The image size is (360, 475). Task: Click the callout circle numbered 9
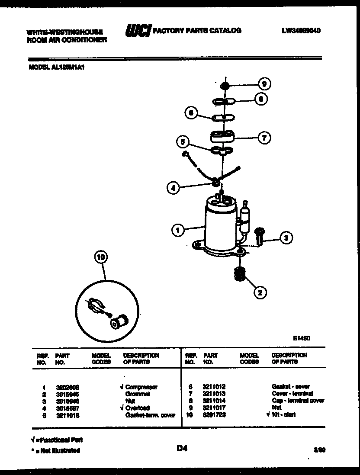pos(264,84)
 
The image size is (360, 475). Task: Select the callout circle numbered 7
pos(264,138)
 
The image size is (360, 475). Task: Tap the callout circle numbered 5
pos(183,141)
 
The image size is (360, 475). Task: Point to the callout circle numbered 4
pos(173,188)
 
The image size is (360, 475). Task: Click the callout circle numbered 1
pos(178,230)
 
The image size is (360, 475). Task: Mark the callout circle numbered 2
pos(260,293)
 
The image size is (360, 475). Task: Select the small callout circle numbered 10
pos(101,257)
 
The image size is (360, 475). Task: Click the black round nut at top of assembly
pos(225,85)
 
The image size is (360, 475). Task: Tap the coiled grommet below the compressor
pos(238,274)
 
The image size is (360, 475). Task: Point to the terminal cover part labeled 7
pos(222,136)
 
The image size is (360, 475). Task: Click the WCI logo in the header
pos(138,31)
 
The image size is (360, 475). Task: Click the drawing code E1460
pos(301,339)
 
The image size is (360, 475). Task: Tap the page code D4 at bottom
pos(181,449)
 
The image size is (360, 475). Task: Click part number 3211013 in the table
pos(214,394)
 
